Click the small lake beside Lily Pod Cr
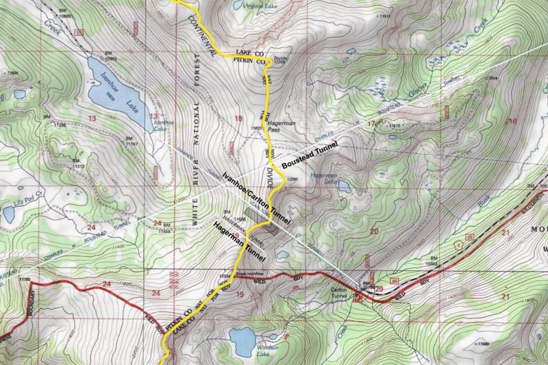pos(10,214)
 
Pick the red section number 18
pos(238,119)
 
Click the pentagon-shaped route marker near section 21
pos(469,235)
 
